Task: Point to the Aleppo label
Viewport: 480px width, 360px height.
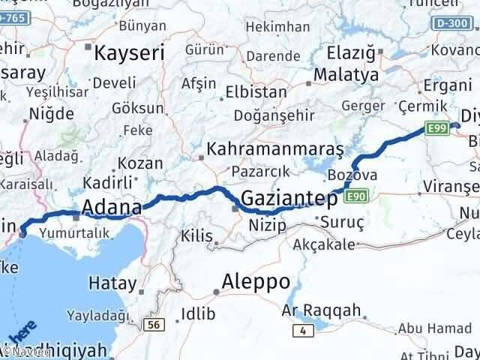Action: (256, 282)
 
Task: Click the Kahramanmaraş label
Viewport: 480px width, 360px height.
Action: (275, 148)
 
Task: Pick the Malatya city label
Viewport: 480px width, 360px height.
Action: (347, 75)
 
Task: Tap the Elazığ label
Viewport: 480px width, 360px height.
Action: (352, 53)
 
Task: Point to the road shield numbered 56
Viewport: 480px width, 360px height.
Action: (154, 324)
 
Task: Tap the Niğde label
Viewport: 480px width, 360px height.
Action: (51, 115)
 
